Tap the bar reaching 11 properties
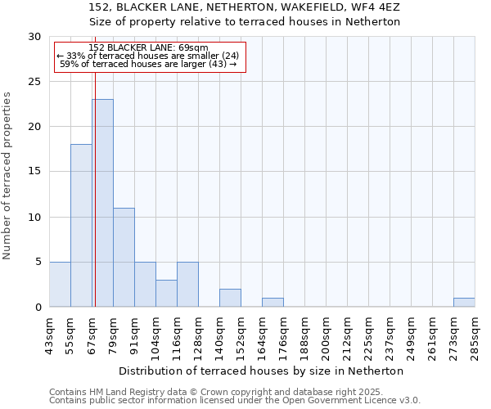tap(124, 257)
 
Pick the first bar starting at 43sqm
tap(60, 284)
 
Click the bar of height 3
tap(166, 293)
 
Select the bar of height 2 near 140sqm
tap(230, 298)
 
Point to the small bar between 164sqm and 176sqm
tap(273, 302)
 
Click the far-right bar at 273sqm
tap(464, 302)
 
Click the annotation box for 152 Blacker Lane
tap(150, 56)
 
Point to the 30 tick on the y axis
tap(34, 37)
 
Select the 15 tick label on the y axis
tap(34, 172)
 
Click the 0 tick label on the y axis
tap(38, 307)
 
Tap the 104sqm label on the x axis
tap(156, 334)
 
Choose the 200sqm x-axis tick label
tap(327, 334)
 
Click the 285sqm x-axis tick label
tap(475, 334)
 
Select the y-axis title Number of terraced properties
tap(7, 176)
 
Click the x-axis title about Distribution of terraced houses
tap(261, 371)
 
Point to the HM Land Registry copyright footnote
tap(221, 392)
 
